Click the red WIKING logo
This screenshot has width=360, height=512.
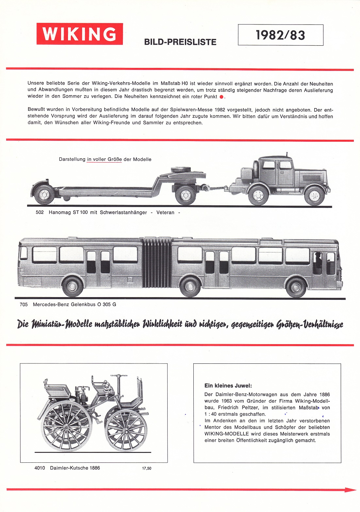click(x=79, y=34)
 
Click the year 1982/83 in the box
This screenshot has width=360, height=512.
click(x=280, y=35)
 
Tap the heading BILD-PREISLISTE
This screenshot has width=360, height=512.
click(x=180, y=42)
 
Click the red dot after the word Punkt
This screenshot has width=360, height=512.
click(x=221, y=97)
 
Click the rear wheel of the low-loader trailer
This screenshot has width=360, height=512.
click(x=44, y=195)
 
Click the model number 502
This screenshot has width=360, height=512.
click(x=40, y=213)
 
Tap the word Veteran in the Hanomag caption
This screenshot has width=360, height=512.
click(x=165, y=213)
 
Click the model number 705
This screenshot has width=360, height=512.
click(x=24, y=305)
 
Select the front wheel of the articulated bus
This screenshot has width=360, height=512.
click(x=296, y=287)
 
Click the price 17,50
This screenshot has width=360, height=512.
click(x=147, y=468)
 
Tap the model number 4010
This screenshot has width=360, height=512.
click(x=40, y=468)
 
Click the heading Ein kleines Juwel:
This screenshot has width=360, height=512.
click(x=228, y=386)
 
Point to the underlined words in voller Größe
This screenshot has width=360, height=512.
click(x=104, y=160)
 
